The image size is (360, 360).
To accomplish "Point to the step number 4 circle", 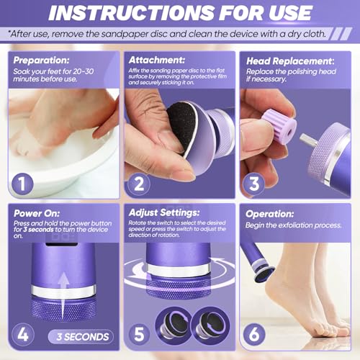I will [x=22, y=335].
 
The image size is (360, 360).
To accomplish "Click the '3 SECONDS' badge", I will [x=81, y=336].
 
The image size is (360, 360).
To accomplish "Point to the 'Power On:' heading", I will [x=37, y=213].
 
